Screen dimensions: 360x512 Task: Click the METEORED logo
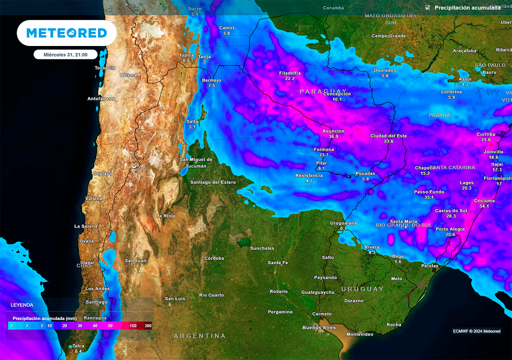[x=66, y=33]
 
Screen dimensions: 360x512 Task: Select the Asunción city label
[x=333, y=131]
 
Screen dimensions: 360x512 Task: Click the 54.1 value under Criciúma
[x=484, y=206]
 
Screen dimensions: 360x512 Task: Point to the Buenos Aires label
[x=319, y=327]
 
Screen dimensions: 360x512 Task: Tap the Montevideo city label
[x=360, y=334]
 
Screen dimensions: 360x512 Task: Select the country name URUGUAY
[x=362, y=289]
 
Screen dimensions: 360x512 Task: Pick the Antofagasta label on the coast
[x=101, y=98]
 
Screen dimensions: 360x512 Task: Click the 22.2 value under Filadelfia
[x=290, y=78]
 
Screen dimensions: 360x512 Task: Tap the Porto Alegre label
[x=450, y=229]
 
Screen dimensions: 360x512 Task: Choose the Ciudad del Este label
[x=388, y=136]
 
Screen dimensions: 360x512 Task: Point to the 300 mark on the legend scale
[x=148, y=326]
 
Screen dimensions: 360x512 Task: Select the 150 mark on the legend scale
[x=133, y=326]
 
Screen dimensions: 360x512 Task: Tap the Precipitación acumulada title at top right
[x=467, y=8]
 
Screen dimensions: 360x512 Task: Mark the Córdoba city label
[x=214, y=258]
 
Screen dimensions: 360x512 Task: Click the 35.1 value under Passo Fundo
[x=428, y=197]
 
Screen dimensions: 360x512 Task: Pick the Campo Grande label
[x=388, y=36]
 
